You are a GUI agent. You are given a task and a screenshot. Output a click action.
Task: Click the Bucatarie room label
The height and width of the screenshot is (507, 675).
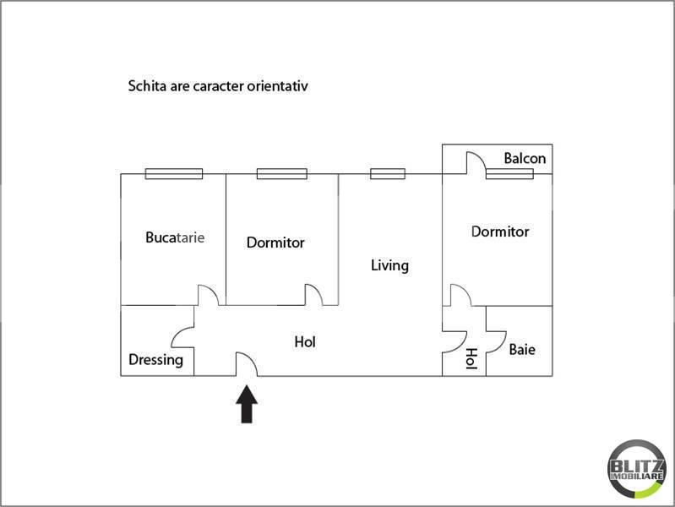pos(175,237)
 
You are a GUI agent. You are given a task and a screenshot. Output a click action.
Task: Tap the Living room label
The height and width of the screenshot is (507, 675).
pos(389,265)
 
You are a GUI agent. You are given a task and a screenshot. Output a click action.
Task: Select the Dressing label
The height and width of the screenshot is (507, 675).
pos(155,360)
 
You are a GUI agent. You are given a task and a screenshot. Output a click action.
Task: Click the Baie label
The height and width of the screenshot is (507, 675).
pos(521,349)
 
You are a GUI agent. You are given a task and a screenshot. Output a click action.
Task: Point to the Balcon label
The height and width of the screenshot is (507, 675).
pos(525,158)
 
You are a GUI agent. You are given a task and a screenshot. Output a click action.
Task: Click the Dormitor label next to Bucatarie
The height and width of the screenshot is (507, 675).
pos(275,243)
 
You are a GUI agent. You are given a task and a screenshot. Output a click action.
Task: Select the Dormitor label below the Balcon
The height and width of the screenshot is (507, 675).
pos(500,232)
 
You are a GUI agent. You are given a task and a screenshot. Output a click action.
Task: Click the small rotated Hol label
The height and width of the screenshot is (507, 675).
pos(471,358)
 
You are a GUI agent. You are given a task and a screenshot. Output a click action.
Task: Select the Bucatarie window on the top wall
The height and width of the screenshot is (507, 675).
pos(173,174)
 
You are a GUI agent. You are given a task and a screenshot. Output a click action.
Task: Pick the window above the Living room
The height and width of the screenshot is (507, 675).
pos(388,174)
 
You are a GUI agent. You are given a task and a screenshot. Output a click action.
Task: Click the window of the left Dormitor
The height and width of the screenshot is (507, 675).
pos(281,174)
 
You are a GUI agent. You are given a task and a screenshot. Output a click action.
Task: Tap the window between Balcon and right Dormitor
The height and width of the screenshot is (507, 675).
pos(509,174)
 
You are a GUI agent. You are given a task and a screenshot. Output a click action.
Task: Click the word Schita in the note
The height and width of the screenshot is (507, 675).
pos(144,86)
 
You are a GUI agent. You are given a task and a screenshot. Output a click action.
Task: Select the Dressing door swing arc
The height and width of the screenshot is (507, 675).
pos(183,337)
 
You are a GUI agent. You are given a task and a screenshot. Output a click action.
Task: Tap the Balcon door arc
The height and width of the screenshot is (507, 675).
pos(475,163)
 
